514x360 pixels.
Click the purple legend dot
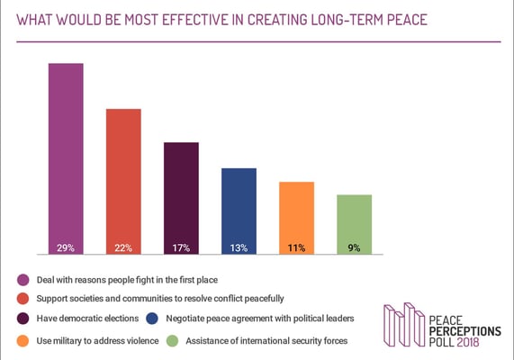click(x=23, y=280)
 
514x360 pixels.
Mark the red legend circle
click(x=23, y=298)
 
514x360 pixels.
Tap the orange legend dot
click(x=23, y=340)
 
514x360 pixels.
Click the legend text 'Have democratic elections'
click(x=88, y=319)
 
